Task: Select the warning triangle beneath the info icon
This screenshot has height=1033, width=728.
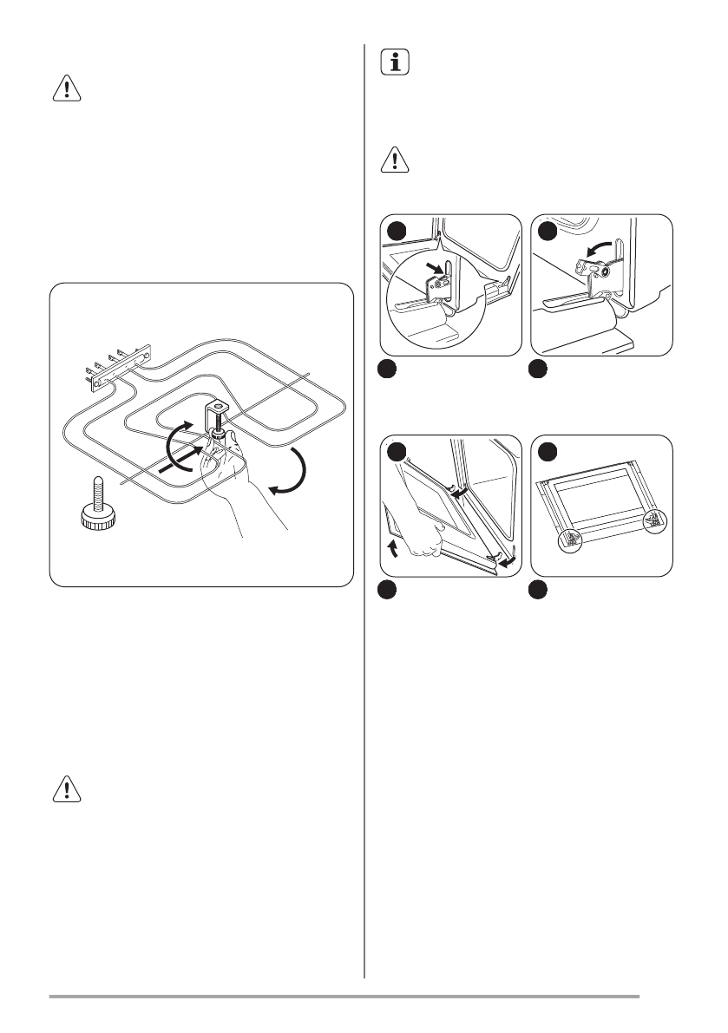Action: [x=394, y=162]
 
